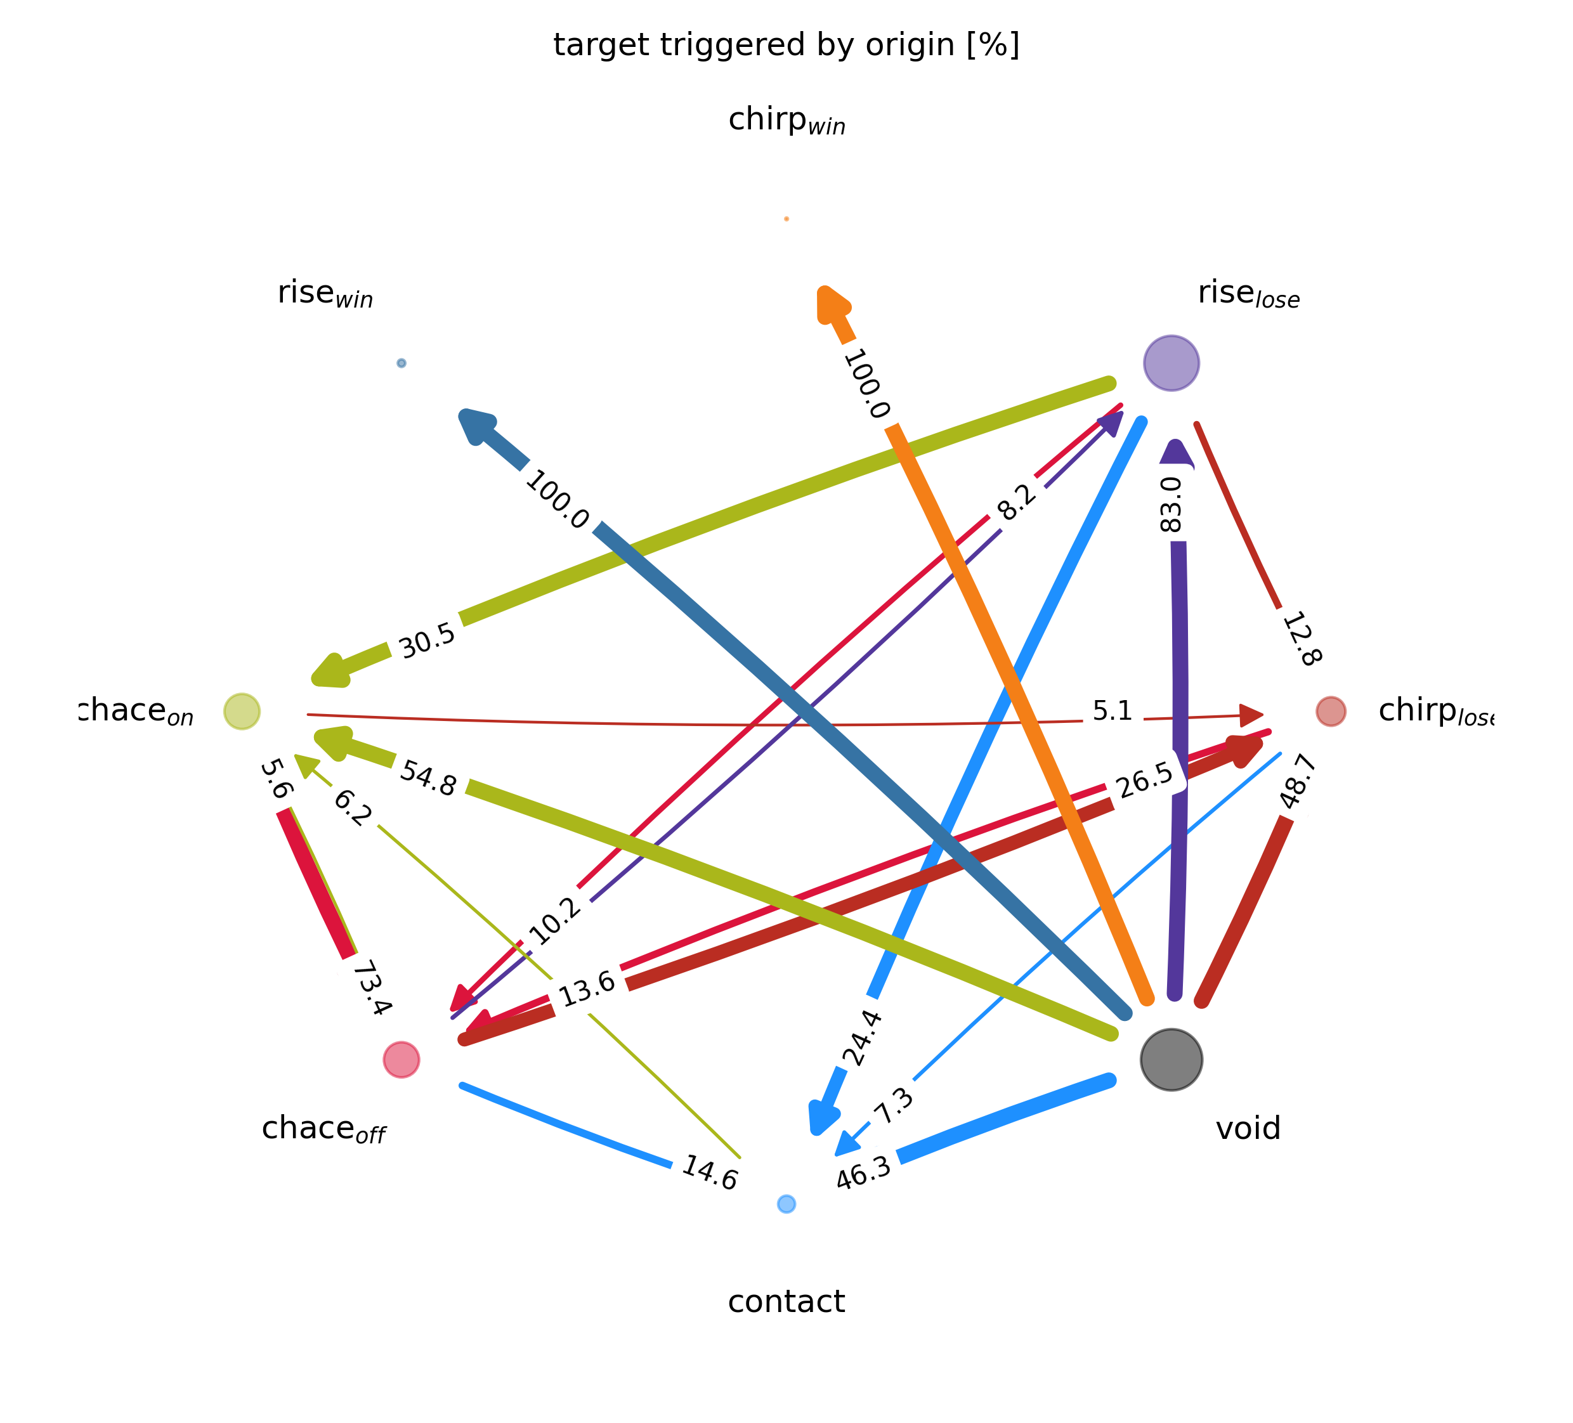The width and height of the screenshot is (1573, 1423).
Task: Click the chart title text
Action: pos(786,45)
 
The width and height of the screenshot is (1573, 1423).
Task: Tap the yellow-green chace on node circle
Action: pos(242,711)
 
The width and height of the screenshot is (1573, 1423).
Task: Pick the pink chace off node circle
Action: pos(401,1060)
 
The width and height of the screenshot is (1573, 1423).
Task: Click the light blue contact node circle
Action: pos(786,1204)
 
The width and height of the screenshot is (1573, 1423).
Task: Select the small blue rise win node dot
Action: pos(401,363)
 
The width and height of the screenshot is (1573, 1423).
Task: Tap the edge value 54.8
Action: pos(428,778)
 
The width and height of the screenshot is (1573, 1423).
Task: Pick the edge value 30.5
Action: pos(427,640)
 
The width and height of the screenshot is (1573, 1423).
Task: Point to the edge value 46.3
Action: pos(863,1173)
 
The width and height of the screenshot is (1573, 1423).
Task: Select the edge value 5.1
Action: pos(1112,711)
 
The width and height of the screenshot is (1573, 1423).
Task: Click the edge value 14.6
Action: pos(709,1173)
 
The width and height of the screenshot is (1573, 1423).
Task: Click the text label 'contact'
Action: pos(786,1302)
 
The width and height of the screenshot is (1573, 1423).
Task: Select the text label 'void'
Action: pos(1248,1128)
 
